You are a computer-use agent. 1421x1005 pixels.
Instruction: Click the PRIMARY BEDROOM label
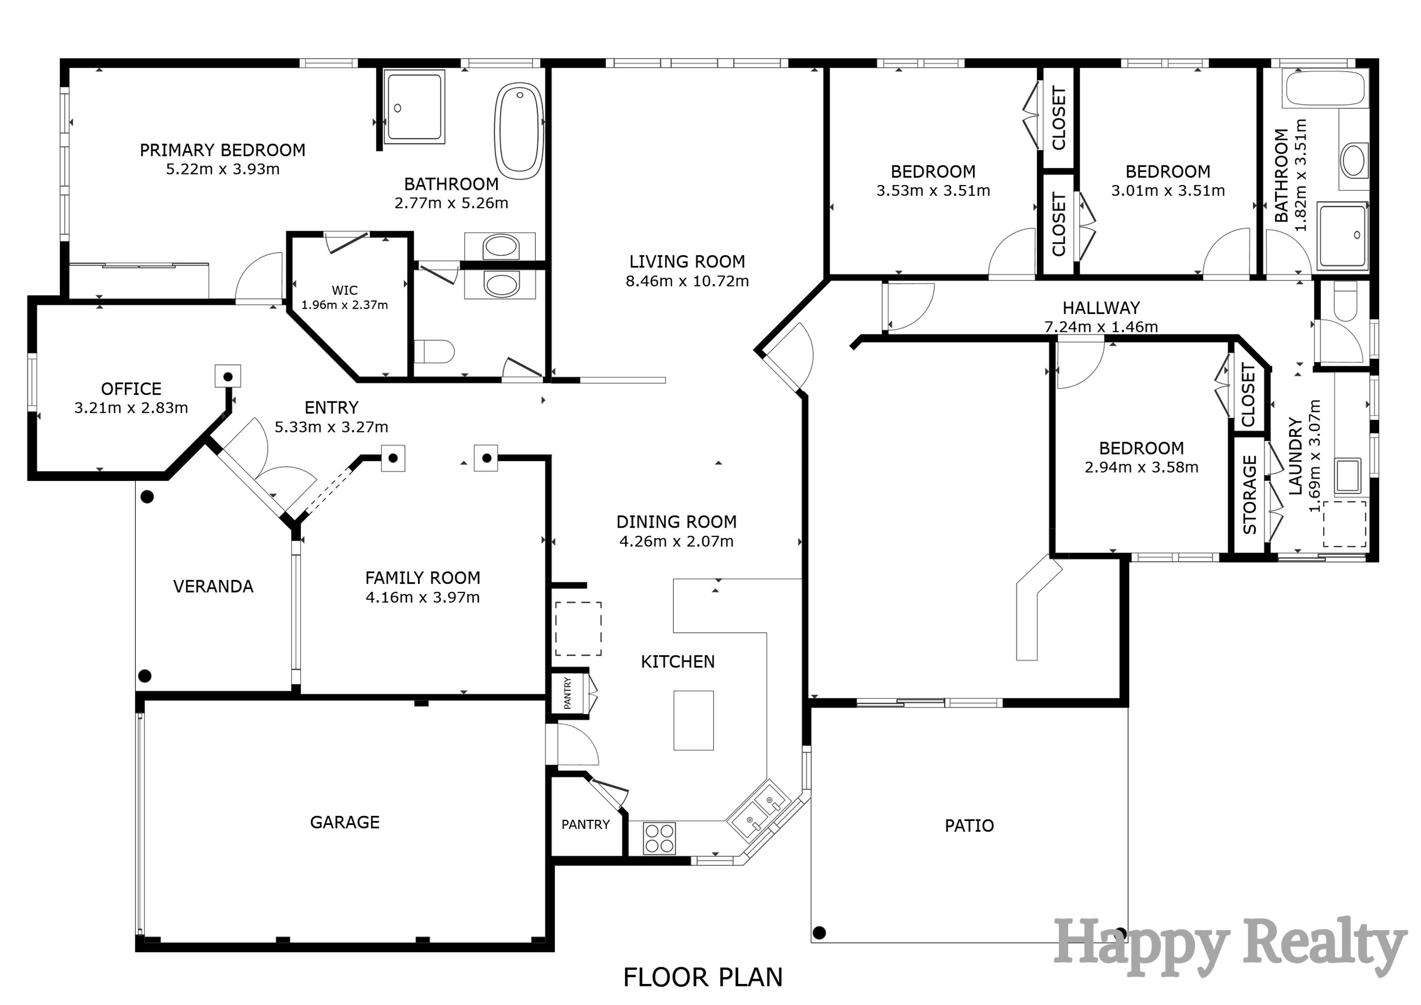[222, 150]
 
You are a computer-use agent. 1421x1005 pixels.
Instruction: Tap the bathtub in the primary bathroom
[519, 131]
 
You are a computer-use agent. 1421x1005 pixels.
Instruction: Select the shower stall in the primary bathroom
[414, 106]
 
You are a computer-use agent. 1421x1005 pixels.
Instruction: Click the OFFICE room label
[131, 389]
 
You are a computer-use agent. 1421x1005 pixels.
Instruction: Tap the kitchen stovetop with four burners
[659, 838]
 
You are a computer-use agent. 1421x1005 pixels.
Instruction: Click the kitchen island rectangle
[693, 720]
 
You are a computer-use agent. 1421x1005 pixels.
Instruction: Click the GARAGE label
[345, 822]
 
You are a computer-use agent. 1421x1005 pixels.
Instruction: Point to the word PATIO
[969, 825]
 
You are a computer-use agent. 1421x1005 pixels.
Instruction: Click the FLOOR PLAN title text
[703, 978]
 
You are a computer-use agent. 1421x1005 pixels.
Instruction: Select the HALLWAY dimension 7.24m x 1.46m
[1101, 327]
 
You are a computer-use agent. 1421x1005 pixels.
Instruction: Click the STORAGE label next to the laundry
[1250, 495]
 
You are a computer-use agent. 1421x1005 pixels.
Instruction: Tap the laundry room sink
[1348, 475]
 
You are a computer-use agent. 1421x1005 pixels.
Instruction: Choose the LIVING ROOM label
[687, 262]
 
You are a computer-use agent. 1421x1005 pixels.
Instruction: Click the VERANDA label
[213, 587]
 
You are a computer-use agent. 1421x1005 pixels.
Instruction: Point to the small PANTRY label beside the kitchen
[568, 693]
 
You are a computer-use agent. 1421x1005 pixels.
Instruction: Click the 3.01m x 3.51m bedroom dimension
[1167, 190]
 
